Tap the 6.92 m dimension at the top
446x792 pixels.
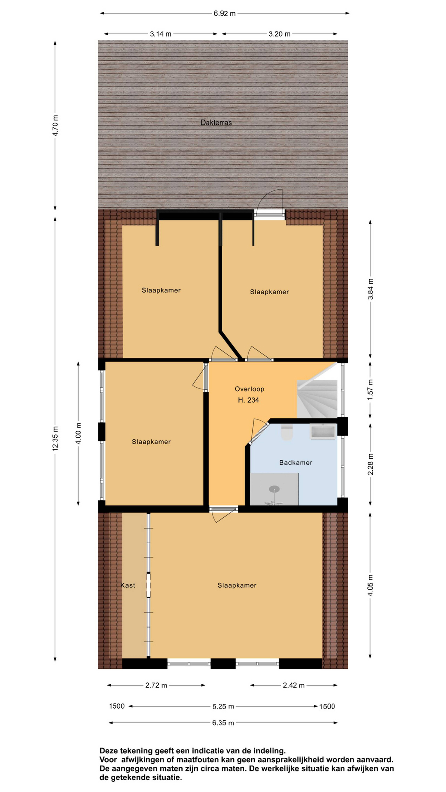225,14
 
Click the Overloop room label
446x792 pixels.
249,389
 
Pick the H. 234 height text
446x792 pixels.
248,400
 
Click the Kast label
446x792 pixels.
128,585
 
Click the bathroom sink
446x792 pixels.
323,432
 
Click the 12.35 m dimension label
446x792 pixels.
55,438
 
